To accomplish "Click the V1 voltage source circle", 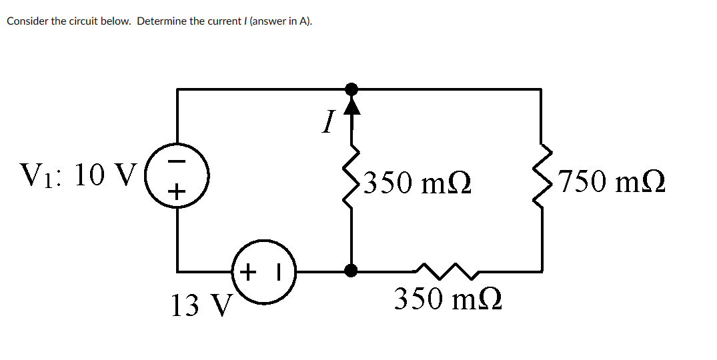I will (x=177, y=177).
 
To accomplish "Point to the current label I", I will (x=327, y=122).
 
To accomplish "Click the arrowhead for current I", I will (x=351, y=105).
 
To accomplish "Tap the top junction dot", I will (x=351, y=89).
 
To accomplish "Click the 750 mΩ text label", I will (x=612, y=181).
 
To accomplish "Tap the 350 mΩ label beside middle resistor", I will (x=418, y=182).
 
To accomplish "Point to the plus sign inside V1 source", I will (x=175, y=193).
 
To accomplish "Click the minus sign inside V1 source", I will (x=175, y=161).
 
